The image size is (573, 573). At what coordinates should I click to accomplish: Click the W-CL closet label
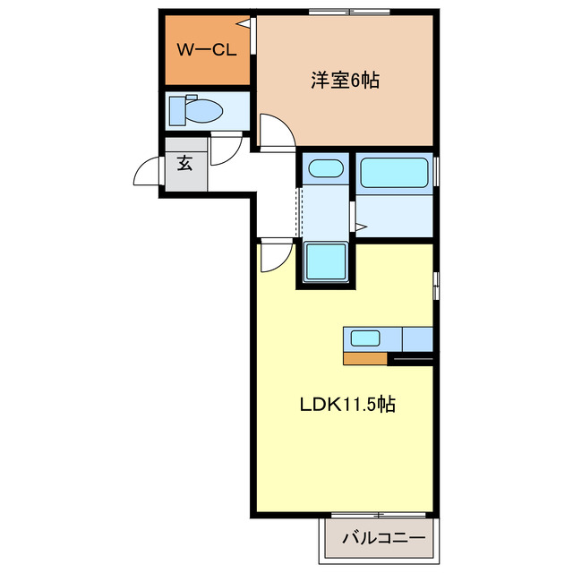click(206, 50)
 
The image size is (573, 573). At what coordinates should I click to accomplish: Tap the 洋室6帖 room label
click(345, 81)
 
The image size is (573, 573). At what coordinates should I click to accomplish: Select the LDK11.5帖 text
click(347, 405)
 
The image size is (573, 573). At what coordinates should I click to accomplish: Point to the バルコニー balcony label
click(378, 540)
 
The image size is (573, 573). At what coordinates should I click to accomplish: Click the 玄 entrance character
click(184, 163)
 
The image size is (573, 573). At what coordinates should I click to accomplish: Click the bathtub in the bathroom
click(395, 172)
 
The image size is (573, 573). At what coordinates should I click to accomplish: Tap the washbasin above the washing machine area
click(323, 168)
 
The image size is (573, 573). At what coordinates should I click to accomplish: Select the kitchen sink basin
click(364, 338)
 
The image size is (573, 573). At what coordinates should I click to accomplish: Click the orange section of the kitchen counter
click(365, 359)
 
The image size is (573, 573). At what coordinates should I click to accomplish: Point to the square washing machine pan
click(325, 262)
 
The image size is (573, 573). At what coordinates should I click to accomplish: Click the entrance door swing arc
click(146, 170)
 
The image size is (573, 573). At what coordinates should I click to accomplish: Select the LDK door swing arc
click(276, 258)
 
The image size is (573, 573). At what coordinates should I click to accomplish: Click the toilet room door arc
click(227, 150)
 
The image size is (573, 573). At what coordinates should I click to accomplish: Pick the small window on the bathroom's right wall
click(437, 170)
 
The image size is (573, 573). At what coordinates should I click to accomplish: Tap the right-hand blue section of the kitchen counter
click(417, 339)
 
